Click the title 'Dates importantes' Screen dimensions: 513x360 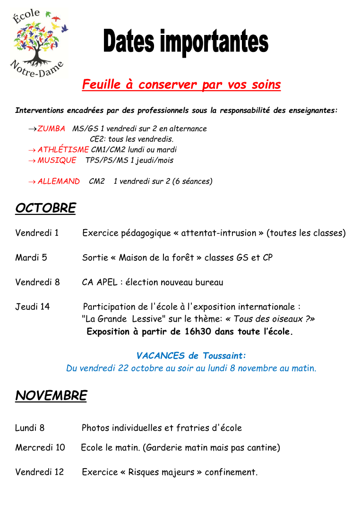pos(186,43)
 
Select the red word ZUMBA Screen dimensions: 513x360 pos(51,128)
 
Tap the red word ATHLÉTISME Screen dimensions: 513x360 pos(63,150)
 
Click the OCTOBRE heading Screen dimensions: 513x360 pos(45,208)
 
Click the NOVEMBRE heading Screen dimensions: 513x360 pos(51,396)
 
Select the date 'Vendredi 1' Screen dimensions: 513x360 pos(37,233)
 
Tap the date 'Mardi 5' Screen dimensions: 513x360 pos(31,258)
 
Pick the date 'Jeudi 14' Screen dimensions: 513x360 pos(32,307)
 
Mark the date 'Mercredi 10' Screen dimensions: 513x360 pos(40,447)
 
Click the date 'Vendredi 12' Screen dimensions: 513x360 pos(39,472)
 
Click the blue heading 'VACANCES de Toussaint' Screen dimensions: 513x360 pos(191,356)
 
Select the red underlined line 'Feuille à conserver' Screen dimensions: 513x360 pos(181,85)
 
